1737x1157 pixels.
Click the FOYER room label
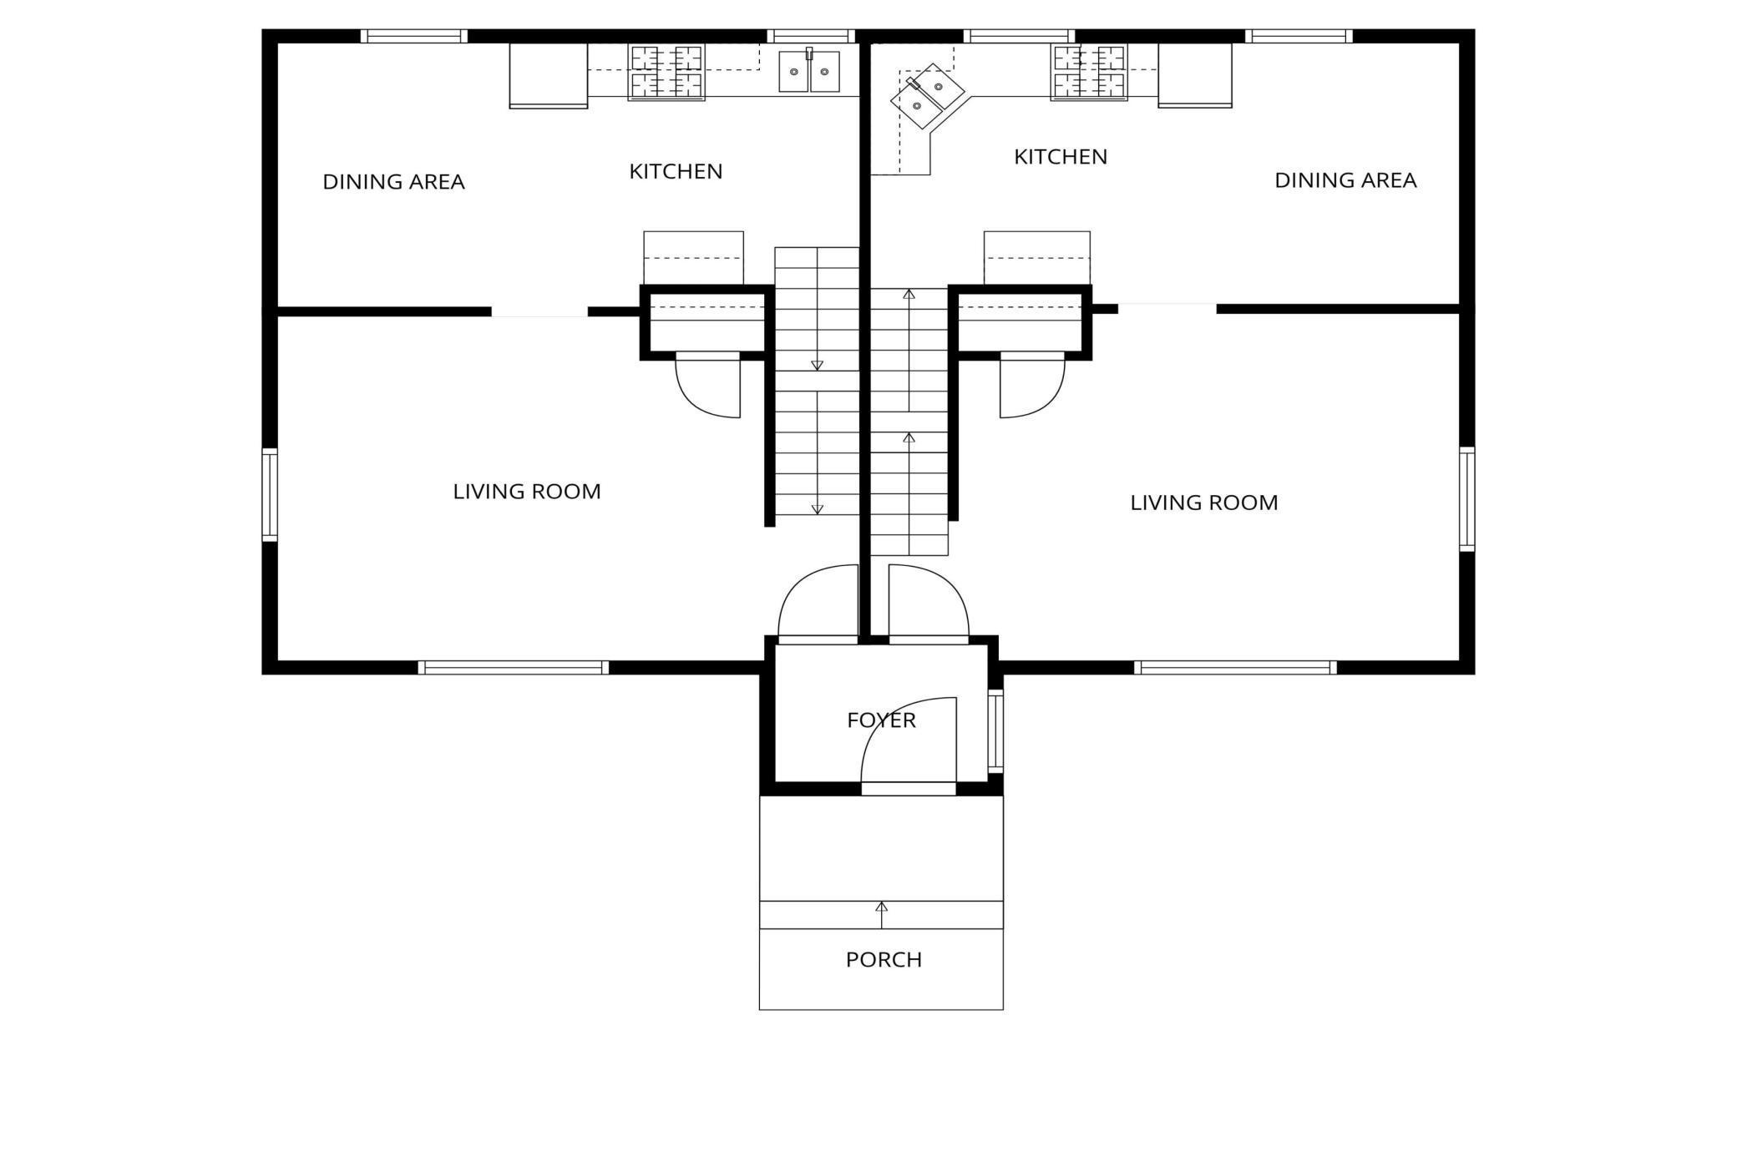tap(881, 720)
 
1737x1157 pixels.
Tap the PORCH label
tap(884, 959)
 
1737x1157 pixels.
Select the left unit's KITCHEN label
tap(676, 171)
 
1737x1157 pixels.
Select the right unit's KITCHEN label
tap(1061, 156)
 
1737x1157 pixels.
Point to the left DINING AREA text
tap(393, 181)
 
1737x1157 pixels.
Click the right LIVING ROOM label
tap(1203, 503)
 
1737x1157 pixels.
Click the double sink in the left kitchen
tap(808, 72)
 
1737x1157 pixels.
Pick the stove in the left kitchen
tap(666, 72)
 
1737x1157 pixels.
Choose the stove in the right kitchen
tap(1088, 72)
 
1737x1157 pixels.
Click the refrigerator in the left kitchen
tap(548, 75)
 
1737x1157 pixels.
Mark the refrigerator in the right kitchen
tap(1194, 75)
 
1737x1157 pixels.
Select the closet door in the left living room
tap(708, 387)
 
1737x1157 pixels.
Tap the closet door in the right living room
tap(1032, 387)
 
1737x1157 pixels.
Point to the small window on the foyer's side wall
tap(995, 730)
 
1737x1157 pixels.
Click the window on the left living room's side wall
tap(270, 494)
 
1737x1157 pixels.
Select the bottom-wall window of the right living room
tap(1234, 667)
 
